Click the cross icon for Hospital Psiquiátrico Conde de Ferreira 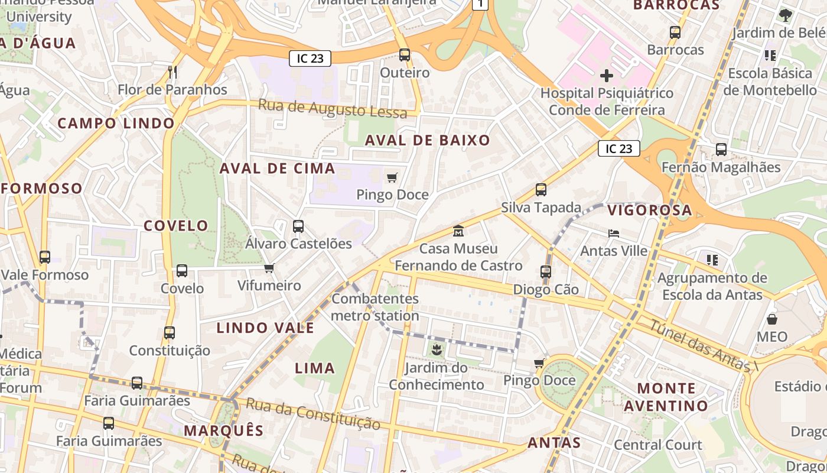pos(606,76)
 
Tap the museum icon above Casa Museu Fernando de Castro pos(458,231)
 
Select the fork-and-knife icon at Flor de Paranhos pos(172,72)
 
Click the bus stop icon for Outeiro pos(405,55)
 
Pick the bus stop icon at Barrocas pos(675,33)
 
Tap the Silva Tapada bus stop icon pos(541,190)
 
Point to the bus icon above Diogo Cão pos(546,272)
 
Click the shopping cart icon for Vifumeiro pos(269,268)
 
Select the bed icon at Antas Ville pos(614,234)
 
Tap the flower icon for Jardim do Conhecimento pos(436,350)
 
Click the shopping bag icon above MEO pos(772,320)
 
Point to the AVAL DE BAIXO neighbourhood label pos(428,140)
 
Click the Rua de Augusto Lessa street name pos(333,109)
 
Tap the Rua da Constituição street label pos(313,413)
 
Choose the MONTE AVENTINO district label pos(666,397)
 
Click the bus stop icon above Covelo pos(182,271)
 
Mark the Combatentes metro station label pos(375,307)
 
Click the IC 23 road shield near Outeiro pos(310,59)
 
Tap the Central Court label pos(658,445)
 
